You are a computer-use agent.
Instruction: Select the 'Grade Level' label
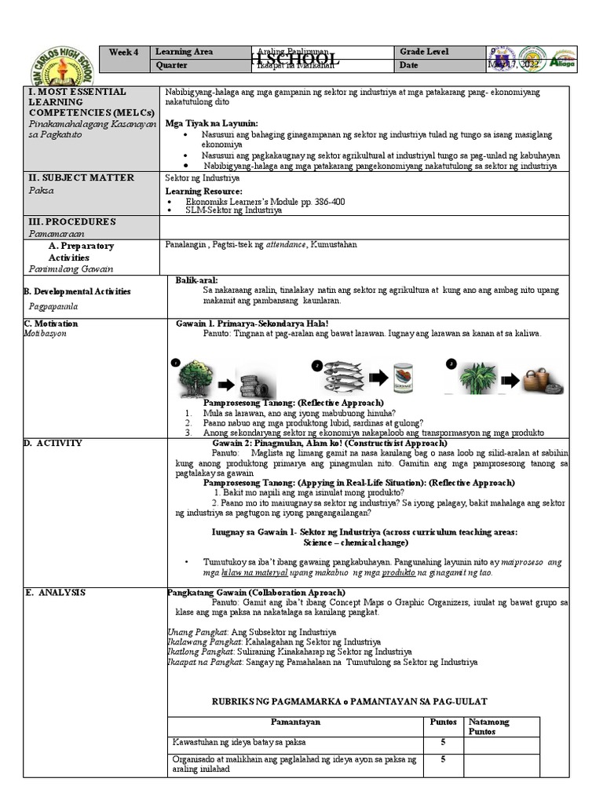(x=424, y=52)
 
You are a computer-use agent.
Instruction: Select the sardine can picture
(x=404, y=377)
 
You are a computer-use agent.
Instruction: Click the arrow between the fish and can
(x=377, y=378)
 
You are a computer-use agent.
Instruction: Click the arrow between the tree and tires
(x=225, y=384)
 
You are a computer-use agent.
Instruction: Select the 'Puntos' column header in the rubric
(x=439, y=722)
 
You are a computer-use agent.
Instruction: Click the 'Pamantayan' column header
(x=295, y=722)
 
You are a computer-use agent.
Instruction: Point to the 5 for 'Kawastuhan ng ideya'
(x=443, y=742)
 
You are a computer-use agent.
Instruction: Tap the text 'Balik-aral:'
(x=197, y=280)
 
